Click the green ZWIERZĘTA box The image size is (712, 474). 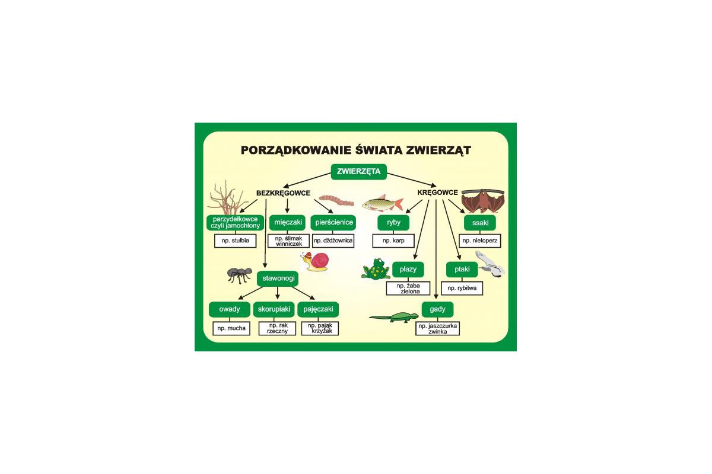(358, 172)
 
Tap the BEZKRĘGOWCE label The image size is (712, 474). (283, 193)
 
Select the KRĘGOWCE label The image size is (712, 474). (437, 193)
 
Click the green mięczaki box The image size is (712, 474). (288, 223)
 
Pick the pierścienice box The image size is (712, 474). (333, 223)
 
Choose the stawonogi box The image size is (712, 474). (278, 278)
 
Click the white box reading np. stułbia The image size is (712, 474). (235, 241)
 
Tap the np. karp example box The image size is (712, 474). (393, 241)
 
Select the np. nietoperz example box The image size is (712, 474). (480, 241)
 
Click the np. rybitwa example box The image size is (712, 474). (462, 289)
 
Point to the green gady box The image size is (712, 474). (437, 309)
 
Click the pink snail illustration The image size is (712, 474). (315, 262)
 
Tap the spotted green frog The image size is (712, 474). (376, 269)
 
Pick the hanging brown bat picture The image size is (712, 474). (483, 201)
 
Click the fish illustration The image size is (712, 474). (383, 203)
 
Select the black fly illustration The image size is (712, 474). (240, 275)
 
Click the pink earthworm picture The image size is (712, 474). (336, 201)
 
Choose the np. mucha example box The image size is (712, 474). (231, 329)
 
